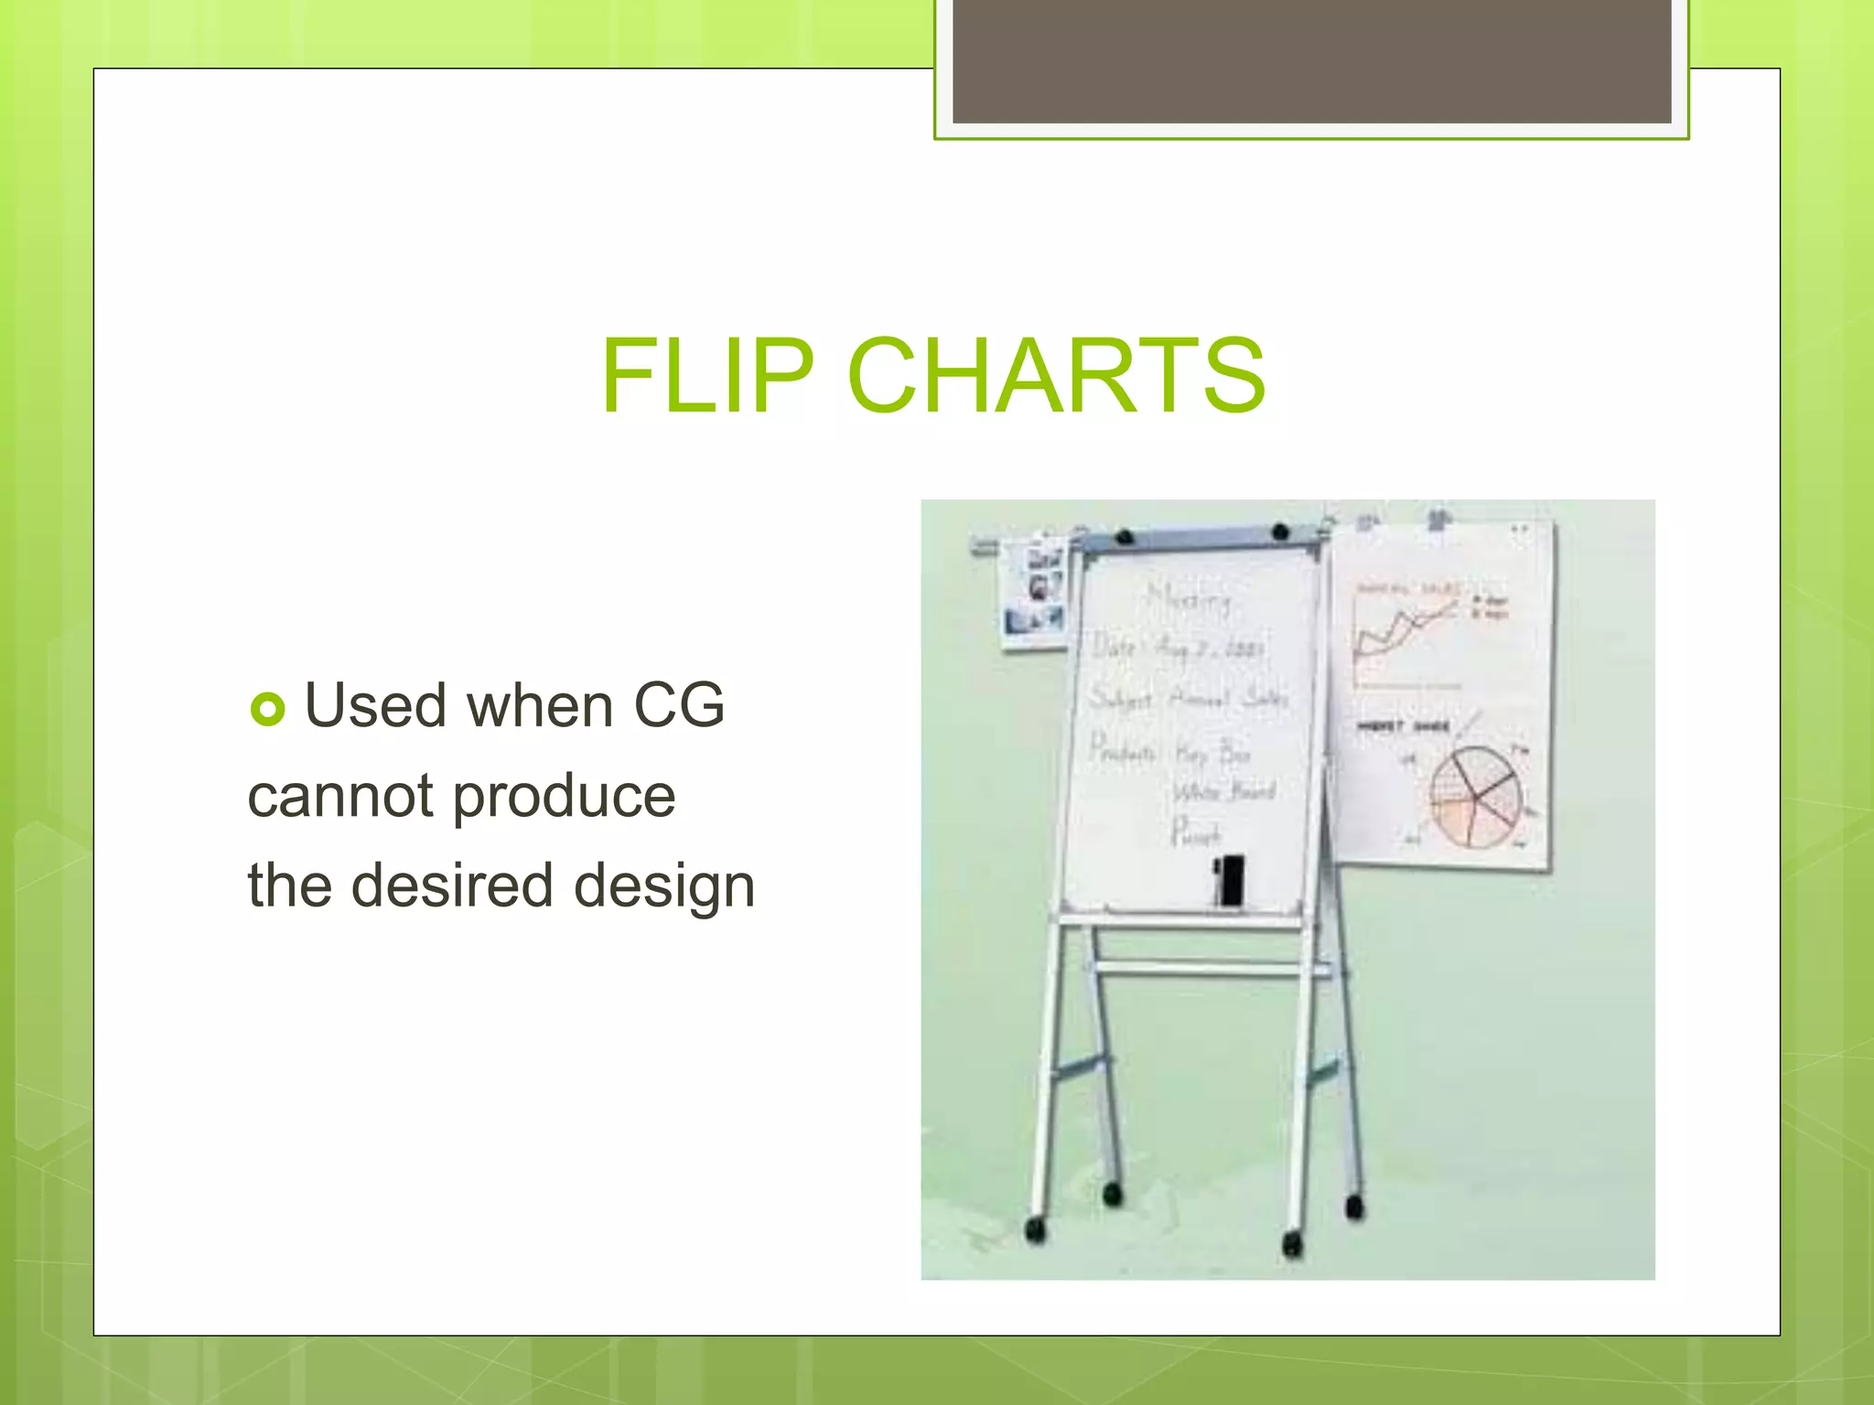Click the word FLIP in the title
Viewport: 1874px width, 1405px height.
706,375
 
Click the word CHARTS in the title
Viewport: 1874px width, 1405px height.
1056,375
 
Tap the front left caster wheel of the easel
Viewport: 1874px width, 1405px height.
1035,1228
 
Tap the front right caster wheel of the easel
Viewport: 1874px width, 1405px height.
1292,1243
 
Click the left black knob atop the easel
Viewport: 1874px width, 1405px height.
1125,536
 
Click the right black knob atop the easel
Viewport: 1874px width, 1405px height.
1280,531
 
